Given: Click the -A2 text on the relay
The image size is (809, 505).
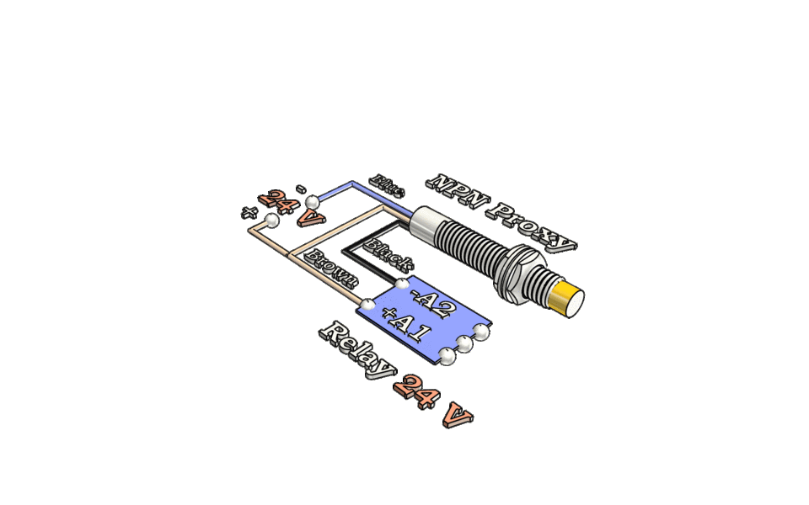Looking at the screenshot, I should (x=432, y=302).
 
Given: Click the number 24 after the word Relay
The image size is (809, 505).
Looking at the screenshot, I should (x=415, y=390).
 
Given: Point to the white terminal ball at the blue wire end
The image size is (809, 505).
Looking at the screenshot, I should (x=313, y=202).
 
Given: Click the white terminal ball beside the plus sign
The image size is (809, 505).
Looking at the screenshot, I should (x=271, y=221).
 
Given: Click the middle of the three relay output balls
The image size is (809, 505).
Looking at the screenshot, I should (x=464, y=343).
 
